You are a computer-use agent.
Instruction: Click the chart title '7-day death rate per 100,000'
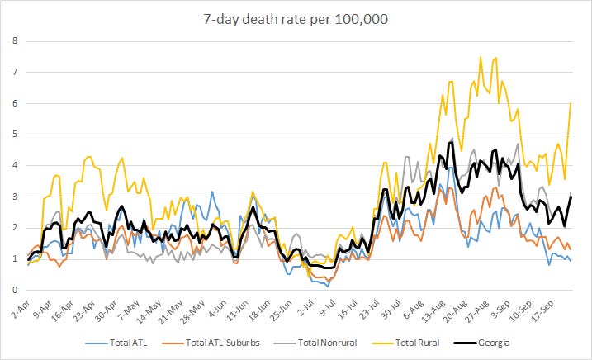pos(296,19)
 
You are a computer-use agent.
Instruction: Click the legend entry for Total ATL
pos(116,343)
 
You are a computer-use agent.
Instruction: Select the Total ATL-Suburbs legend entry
pos(211,343)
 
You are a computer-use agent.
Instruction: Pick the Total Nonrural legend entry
pos(315,343)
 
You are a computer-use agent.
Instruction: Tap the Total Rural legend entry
pos(406,343)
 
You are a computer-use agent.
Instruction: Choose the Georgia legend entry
pos(481,343)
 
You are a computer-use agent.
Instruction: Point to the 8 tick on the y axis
pos(15,40)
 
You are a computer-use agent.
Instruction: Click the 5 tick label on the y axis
pos(15,135)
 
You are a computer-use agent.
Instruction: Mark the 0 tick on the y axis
pos(15,290)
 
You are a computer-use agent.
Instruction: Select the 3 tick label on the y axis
pos(15,197)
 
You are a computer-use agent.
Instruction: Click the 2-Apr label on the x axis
pos(21,310)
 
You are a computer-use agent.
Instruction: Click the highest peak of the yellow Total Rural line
pos(481,57)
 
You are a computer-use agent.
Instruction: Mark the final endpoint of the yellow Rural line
pos(571,103)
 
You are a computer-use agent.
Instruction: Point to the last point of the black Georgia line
pos(571,197)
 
